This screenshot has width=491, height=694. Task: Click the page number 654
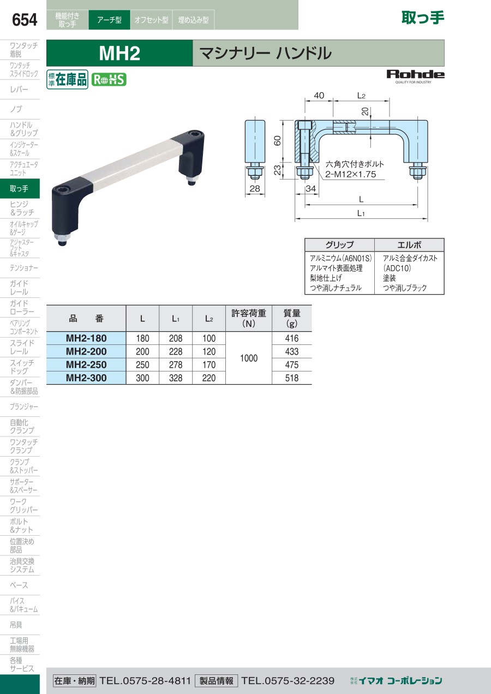coord(25,20)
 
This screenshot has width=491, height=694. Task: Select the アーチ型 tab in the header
coord(109,20)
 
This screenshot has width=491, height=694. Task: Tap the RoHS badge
coord(109,80)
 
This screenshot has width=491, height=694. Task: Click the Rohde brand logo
coord(415,76)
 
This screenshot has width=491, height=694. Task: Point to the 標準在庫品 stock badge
coord(67,80)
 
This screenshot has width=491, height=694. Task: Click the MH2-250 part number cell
coord(86,364)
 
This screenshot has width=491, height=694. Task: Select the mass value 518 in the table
coord(292,378)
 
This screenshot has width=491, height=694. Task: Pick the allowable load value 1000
coord(249,358)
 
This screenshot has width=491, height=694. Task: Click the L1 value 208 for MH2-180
coord(176,338)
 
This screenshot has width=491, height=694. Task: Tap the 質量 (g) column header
coord(292,318)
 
